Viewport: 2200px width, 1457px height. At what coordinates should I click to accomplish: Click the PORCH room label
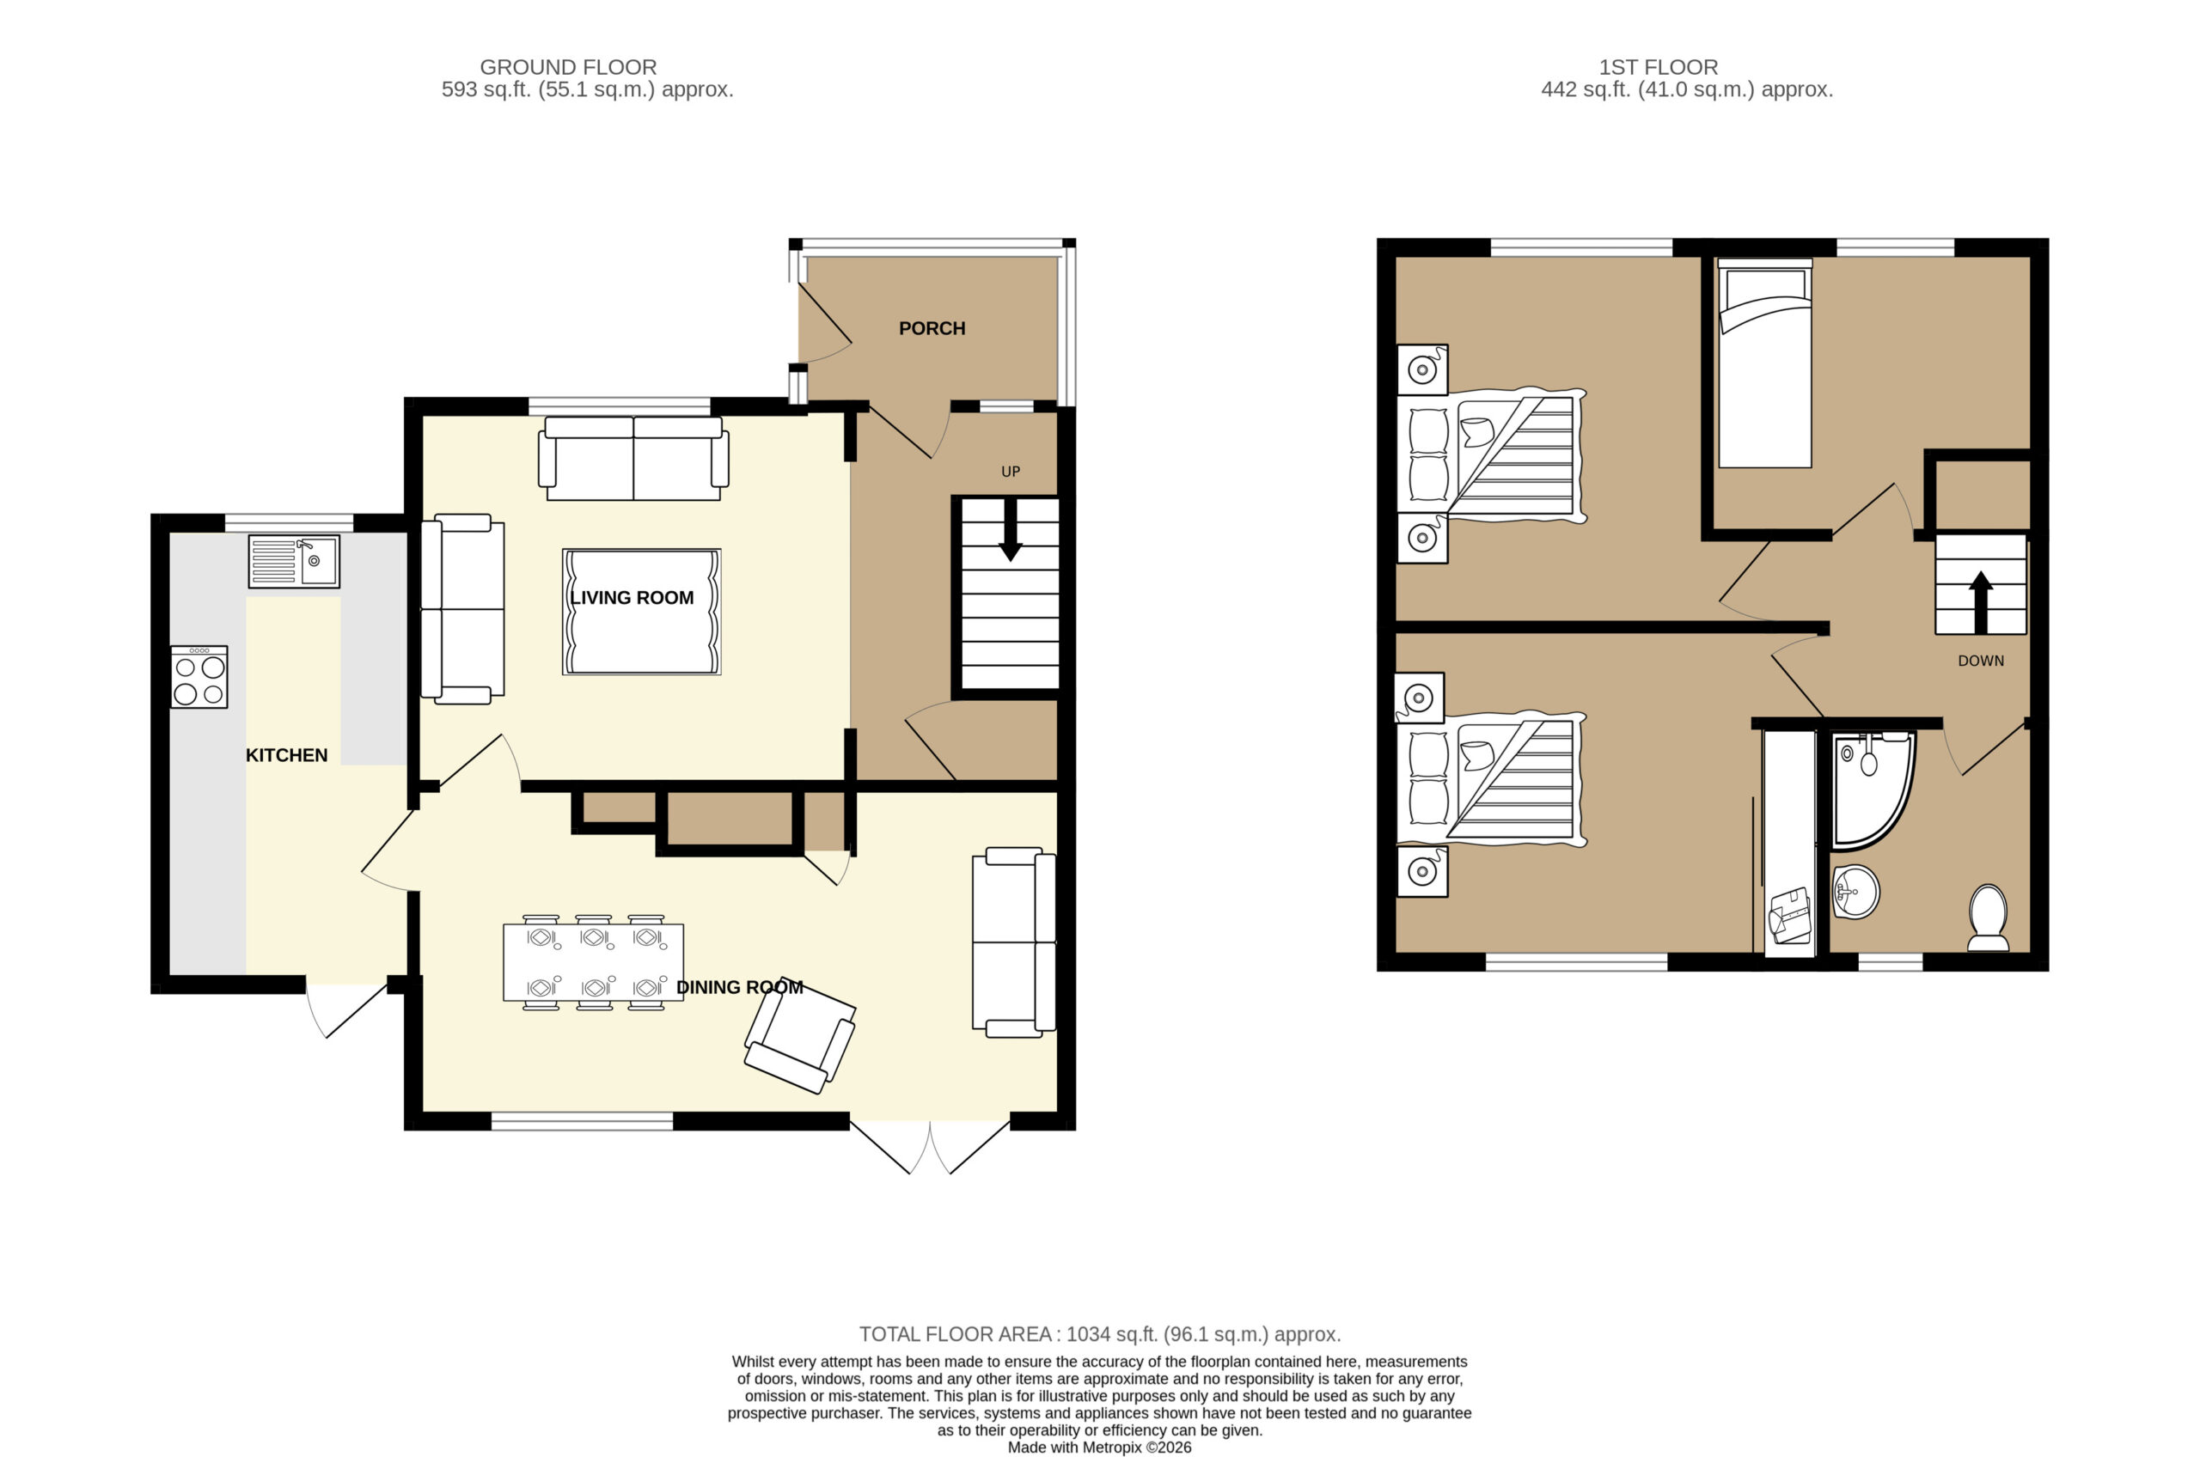point(932,328)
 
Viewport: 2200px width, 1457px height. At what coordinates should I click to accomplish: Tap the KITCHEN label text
point(286,755)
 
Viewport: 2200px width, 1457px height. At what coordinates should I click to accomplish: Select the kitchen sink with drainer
point(294,561)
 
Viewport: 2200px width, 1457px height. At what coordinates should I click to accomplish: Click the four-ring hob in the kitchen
point(199,678)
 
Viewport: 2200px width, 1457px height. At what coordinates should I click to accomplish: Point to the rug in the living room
point(641,612)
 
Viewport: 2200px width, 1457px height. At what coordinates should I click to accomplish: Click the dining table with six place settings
point(593,963)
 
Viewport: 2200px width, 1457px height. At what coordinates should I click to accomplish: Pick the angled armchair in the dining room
point(800,1037)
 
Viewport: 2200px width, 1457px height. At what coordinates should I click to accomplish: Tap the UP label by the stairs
point(1011,472)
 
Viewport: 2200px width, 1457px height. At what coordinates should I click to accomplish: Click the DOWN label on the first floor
point(1981,661)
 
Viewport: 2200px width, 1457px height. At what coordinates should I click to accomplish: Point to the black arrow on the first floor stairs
point(1981,601)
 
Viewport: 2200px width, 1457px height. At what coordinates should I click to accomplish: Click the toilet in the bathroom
point(1988,917)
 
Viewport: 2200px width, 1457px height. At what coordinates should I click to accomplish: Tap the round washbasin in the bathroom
point(1855,892)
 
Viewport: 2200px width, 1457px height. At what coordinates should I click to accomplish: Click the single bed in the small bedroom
point(1765,363)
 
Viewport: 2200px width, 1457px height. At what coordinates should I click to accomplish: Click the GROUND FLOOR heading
point(568,67)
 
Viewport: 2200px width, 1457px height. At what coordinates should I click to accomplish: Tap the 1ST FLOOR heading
point(1658,67)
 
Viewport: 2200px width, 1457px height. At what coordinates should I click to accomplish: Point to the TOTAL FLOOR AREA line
point(1099,1334)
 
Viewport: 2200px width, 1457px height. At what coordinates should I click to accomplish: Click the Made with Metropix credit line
point(1099,1447)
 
